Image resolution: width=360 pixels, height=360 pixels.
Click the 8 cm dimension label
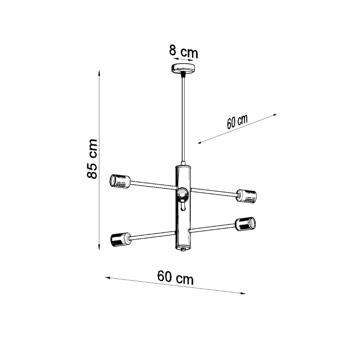coord(183,52)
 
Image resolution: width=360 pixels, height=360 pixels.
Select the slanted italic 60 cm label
coord(237,122)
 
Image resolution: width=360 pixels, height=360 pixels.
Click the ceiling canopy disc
coord(183,69)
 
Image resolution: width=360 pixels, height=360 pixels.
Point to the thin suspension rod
coord(183,120)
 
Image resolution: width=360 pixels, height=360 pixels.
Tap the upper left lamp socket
coord(120,181)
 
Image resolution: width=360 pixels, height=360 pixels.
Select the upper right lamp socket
coord(247,196)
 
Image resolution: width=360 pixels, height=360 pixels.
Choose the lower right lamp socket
coord(245,224)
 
